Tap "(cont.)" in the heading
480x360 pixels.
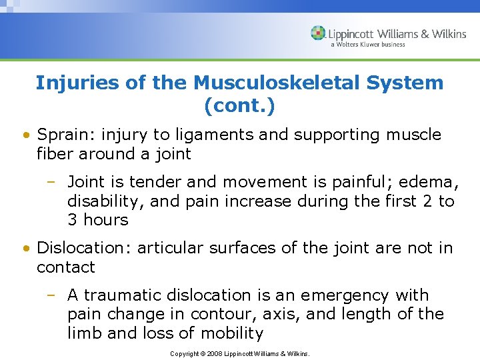[239, 105]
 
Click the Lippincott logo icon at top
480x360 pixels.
[318, 33]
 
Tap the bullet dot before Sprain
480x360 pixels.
[25, 135]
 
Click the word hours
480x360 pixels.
[106, 220]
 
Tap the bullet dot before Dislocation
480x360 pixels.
[25, 249]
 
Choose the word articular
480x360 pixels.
[171, 248]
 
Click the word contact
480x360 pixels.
[66, 267]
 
